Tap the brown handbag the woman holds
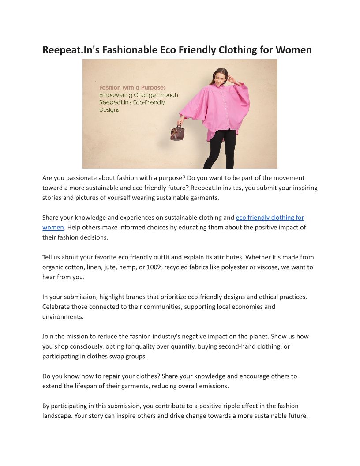pos(177,132)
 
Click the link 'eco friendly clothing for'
pos(270,218)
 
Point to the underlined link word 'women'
pos(53,228)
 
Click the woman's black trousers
pos(219,148)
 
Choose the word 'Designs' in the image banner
pos(109,110)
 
